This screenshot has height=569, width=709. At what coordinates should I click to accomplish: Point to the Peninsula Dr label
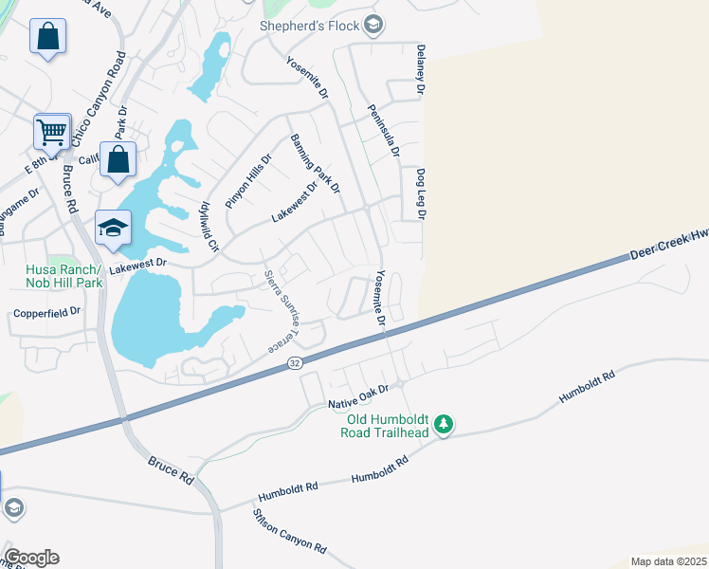pyautogui.click(x=383, y=131)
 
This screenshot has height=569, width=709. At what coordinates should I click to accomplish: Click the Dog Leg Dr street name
pyautogui.click(x=420, y=195)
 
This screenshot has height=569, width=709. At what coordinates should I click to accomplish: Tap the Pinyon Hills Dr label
pyautogui.click(x=248, y=181)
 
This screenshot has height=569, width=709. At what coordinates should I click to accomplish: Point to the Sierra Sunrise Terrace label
pyautogui.click(x=282, y=311)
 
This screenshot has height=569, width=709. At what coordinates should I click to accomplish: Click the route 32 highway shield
pyautogui.click(x=295, y=362)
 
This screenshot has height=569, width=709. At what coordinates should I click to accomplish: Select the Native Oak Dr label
pyautogui.click(x=359, y=397)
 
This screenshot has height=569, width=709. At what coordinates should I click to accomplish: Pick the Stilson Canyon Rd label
pyautogui.click(x=289, y=532)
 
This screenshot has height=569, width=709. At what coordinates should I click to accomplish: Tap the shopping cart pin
pyautogui.click(x=52, y=132)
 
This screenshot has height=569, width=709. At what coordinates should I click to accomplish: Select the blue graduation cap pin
pyautogui.click(x=113, y=228)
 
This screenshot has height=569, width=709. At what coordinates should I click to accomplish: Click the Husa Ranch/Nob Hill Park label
pyautogui.click(x=63, y=275)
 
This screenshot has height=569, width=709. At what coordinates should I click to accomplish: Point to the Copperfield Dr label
pyautogui.click(x=46, y=311)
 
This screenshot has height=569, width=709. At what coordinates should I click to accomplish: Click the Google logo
pyautogui.click(x=31, y=558)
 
